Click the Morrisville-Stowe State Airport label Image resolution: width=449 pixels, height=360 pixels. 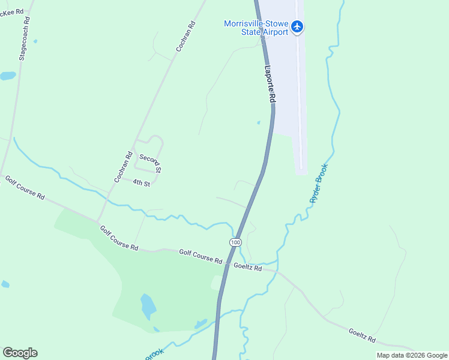click(256, 28)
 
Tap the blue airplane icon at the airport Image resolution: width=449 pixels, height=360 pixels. click(298, 26)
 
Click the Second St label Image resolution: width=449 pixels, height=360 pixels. click(151, 163)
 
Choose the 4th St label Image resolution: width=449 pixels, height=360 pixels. click(141, 182)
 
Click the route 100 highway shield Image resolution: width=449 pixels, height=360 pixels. click(235, 242)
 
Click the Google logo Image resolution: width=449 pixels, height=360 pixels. click(20, 353)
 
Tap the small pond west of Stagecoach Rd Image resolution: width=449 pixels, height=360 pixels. click(8, 76)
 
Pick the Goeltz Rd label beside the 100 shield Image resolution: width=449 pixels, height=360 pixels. click(247, 267)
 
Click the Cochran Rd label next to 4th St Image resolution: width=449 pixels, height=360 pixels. click(123, 167)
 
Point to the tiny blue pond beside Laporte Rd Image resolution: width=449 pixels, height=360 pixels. click(259, 123)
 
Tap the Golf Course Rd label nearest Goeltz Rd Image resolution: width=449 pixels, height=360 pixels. click(200, 257)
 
